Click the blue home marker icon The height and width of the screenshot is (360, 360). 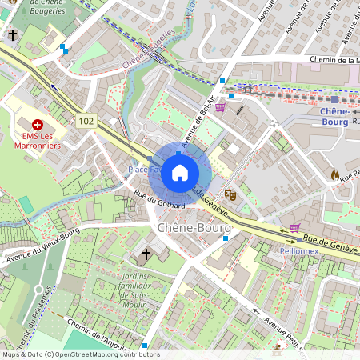pos(180,172)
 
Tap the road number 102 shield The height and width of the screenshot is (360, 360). pos(87,120)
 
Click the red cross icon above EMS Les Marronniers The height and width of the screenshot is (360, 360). pos(37,126)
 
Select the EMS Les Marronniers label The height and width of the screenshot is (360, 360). pos(37,141)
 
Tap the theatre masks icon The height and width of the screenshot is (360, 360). pos(231,194)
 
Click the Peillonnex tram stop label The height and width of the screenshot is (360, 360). pos(301,250)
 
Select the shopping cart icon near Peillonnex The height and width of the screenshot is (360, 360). pos(294,227)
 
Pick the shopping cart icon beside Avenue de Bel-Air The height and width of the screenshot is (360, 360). pos(220,107)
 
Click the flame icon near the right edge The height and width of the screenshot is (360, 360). pos(334,174)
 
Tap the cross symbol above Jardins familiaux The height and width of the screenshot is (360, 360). pos(146,254)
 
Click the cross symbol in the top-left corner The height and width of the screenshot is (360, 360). pos(13,35)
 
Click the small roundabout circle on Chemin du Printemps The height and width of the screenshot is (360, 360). pos(38,289)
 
